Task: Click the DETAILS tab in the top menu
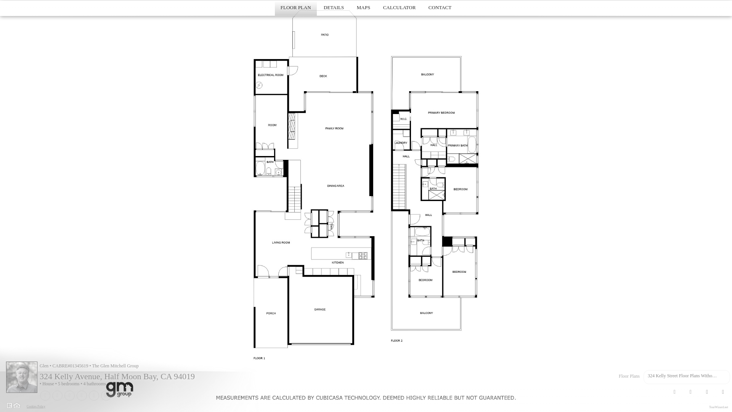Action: (x=334, y=8)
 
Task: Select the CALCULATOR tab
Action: (x=399, y=8)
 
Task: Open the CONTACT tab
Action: (x=440, y=8)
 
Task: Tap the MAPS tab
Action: (x=363, y=8)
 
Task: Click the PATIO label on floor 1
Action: (x=325, y=35)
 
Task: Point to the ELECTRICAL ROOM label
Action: (x=271, y=75)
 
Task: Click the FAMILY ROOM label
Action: (x=334, y=129)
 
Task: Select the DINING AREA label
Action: (x=335, y=186)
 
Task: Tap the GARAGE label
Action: (x=320, y=309)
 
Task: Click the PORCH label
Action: (x=271, y=313)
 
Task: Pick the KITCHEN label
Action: (x=338, y=262)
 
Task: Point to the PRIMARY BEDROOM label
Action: (x=441, y=113)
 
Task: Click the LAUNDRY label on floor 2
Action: (x=401, y=143)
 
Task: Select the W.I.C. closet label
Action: (x=403, y=119)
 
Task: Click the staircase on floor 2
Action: (x=399, y=187)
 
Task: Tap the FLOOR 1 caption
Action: (x=259, y=358)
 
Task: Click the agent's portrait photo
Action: (x=22, y=377)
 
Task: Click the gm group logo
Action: (x=119, y=389)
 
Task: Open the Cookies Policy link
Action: (x=36, y=407)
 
